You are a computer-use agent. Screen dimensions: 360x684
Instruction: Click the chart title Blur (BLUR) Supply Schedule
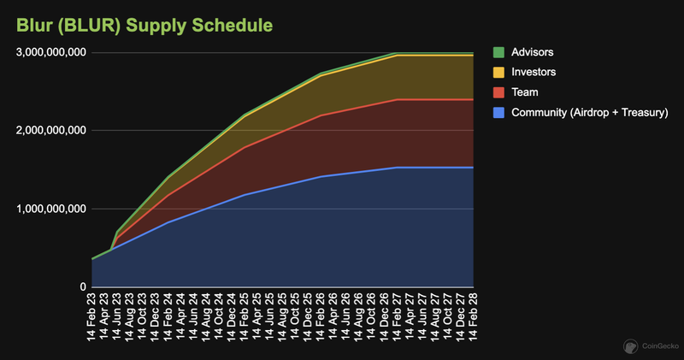[139, 24]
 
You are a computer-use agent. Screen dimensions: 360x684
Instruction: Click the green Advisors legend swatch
[500, 52]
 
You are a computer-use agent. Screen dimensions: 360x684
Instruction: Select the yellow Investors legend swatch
[500, 72]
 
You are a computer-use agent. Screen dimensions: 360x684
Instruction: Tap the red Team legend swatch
[500, 91]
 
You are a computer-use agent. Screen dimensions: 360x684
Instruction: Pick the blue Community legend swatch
[500, 111]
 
